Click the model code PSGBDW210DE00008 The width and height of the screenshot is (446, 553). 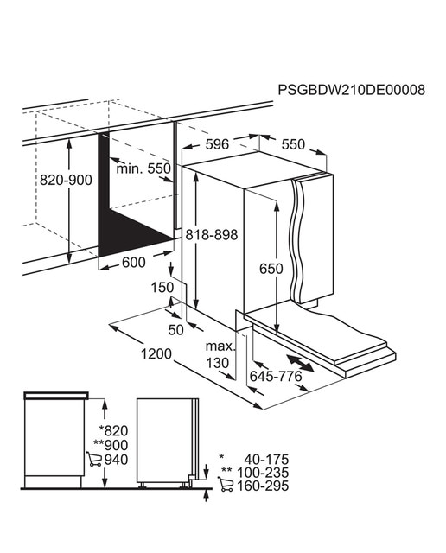tap(352, 90)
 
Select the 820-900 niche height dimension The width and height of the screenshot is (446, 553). tap(66, 180)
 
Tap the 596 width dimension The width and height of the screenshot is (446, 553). tap(217, 144)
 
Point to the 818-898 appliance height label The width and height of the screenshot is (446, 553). tap(212, 234)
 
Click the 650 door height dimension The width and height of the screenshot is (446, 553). tap(271, 269)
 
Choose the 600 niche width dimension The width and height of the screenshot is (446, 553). tap(134, 263)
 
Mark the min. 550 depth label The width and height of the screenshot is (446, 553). tap(143, 168)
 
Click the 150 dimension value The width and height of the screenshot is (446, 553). tap(162, 288)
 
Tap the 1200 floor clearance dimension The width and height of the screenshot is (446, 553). tap(156, 353)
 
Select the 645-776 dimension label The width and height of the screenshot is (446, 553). tap(276, 377)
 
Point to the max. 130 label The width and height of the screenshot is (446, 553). tap(220, 354)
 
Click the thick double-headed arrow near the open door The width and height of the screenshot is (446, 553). tap(300, 363)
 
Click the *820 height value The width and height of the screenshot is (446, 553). tap(113, 430)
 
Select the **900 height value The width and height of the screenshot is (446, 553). tap(111, 445)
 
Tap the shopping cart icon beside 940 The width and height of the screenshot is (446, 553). tap(94, 459)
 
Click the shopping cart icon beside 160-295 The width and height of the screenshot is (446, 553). tap(226, 485)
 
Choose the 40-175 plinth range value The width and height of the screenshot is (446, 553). tap(266, 459)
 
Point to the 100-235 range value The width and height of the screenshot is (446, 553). tap(263, 473)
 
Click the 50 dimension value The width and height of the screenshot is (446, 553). tap(176, 330)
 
